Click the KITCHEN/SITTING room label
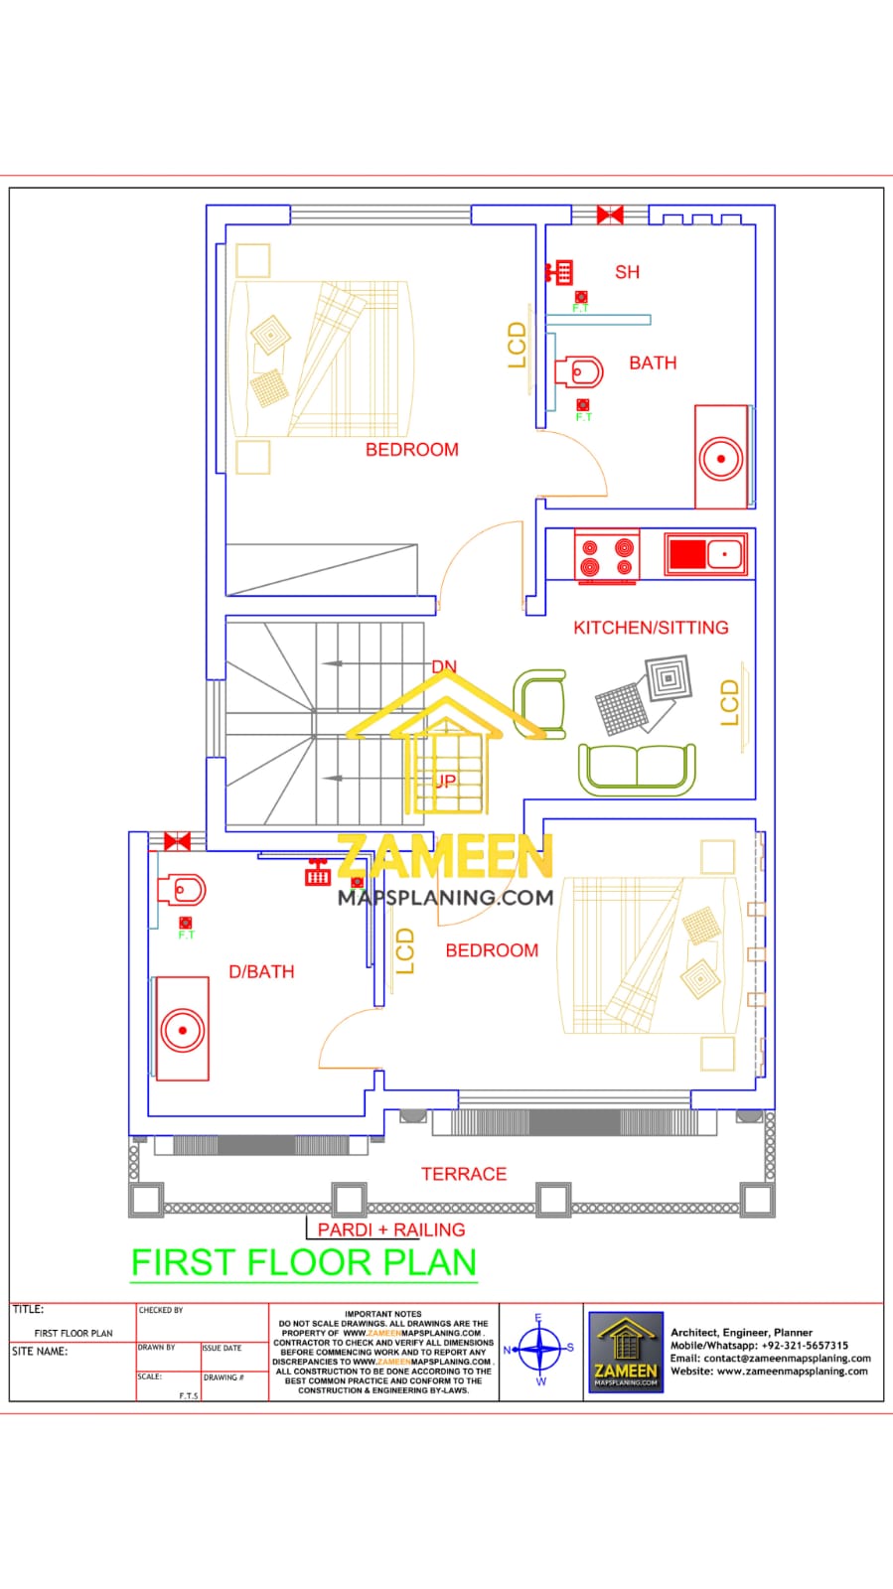[x=651, y=628]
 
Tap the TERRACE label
[x=463, y=1174]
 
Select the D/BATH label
[x=261, y=971]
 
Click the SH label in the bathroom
[x=627, y=272]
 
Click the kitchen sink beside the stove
[x=704, y=553]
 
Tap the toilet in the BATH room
[x=581, y=373]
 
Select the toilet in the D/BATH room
[x=183, y=890]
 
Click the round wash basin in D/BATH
[x=183, y=1030]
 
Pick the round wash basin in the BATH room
[x=720, y=459]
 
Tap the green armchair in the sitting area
[x=539, y=704]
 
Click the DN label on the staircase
[x=444, y=666]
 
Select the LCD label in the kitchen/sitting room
[x=730, y=702]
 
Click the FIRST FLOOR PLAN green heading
[x=304, y=1262]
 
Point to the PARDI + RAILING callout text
[x=391, y=1229]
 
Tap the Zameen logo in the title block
[x=626, y=1352]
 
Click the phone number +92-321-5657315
[x=805, y=1346]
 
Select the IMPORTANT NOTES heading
[x=383, y=1314]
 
